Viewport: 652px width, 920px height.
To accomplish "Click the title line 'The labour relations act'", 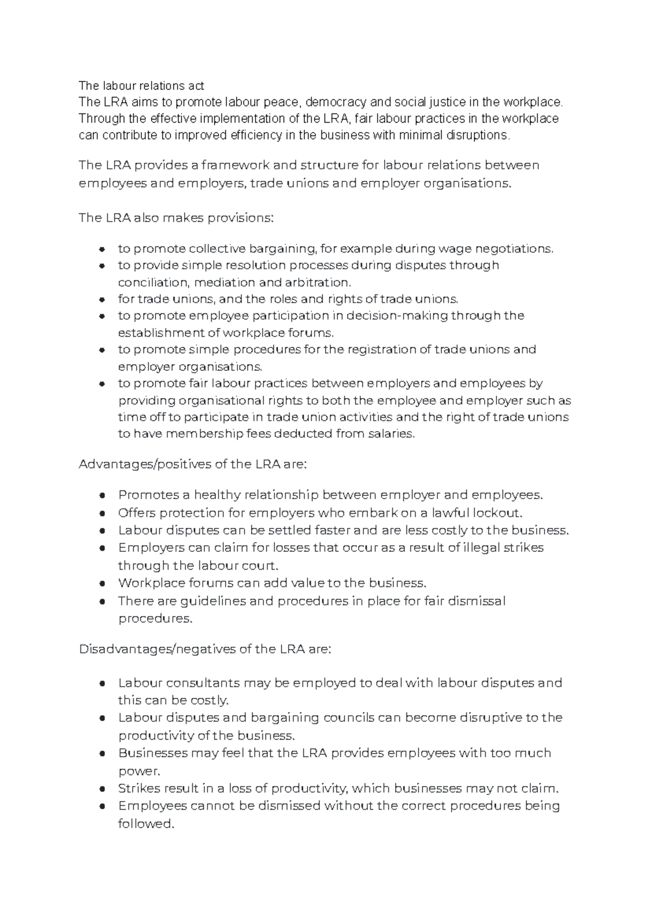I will pyautogui.click(x=141, y=86).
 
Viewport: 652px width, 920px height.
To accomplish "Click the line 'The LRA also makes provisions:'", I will pyautogui.click(x=177, y=218).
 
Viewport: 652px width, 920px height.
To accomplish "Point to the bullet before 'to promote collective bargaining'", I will pyautogui.click(x=102, y=249).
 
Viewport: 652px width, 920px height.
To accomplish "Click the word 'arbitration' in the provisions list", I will pyautogui.click(x=318, y=282).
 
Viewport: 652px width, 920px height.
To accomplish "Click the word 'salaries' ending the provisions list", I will pyautogui.click(x=391, y=434).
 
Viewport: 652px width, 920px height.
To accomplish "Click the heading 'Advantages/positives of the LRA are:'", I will pyautogui.click(x=193, y=464).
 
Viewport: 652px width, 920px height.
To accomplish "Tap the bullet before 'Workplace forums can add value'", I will pyautogui.click(x=102, y=584).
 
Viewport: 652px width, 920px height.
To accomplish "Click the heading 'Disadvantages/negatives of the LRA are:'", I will pyautogui.click(x=204, y=650).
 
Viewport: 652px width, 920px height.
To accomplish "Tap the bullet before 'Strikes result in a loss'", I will pyautogui.click(x=102, y=789).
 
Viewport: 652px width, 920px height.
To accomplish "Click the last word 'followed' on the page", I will pyautogui.click(x=145, y=824).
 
